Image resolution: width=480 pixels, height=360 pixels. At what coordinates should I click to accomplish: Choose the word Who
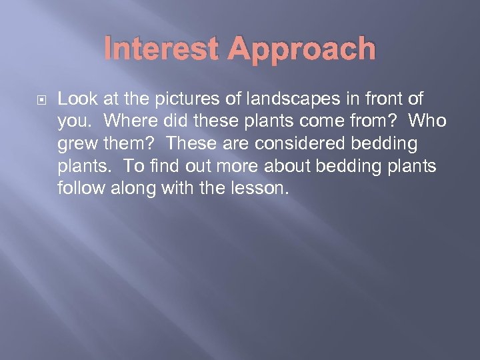tap(429, 121)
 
